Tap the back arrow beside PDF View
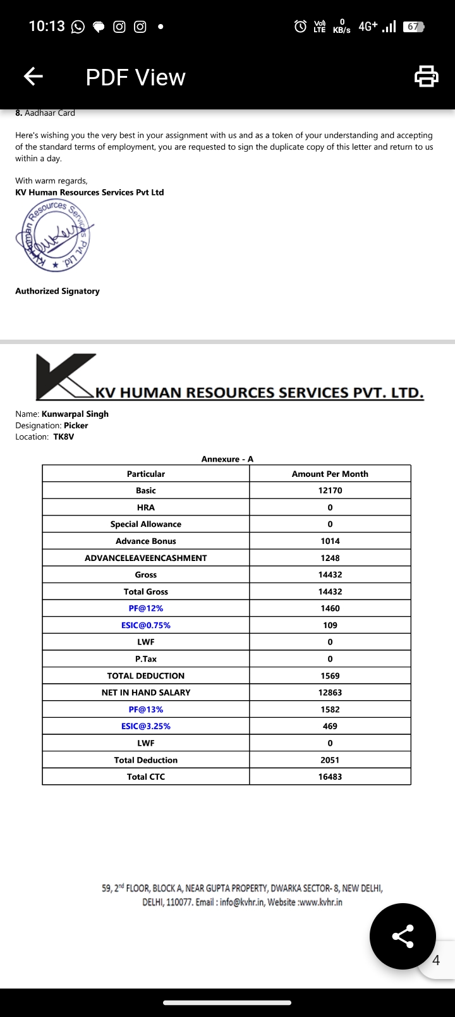33,77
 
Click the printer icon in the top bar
426,77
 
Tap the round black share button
403,936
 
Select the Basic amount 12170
330,490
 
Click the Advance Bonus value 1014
330,541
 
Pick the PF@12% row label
146,608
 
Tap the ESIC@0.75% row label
146,625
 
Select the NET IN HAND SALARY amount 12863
330,693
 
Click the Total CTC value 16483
330,777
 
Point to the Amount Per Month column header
330,474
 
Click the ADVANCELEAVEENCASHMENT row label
146,558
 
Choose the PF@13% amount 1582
330,710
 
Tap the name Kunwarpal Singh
75,414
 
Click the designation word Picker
76,426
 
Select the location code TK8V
63,437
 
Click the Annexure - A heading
227,459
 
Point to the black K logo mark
63,376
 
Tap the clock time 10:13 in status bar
47,26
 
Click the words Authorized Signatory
58,291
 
